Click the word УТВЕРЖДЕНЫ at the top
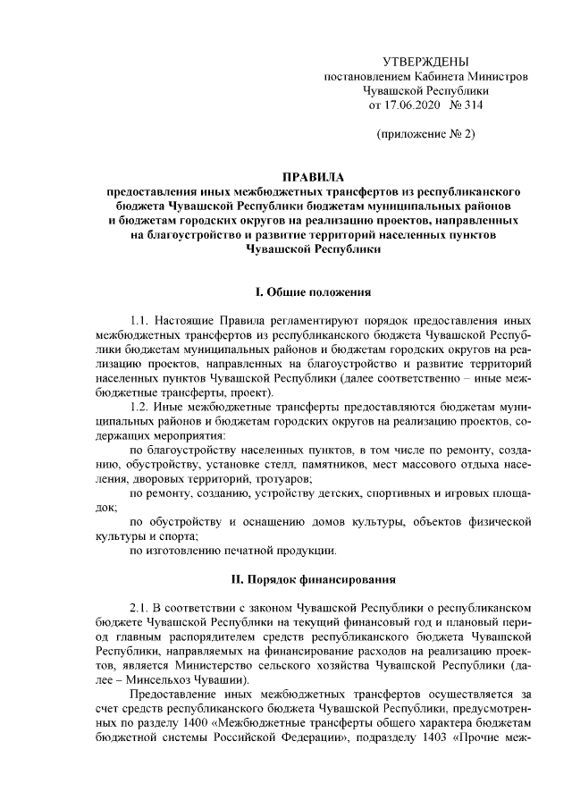tap(425, 62)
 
